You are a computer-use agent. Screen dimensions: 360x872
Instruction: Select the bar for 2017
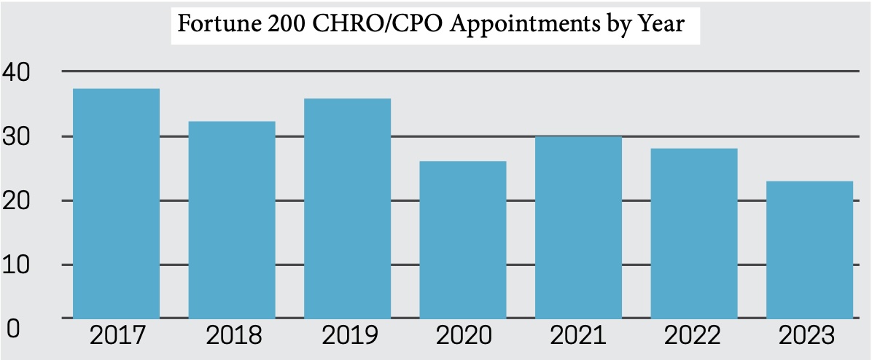point(116,203)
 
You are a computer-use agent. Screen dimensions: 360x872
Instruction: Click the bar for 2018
point(232,219)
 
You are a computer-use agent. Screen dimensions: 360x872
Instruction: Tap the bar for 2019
point(347,208)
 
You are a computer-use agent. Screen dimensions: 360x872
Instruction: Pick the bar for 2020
point(463,240)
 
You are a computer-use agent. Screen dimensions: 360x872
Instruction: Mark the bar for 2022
point(694,233)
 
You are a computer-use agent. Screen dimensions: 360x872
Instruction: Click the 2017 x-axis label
point(117,336)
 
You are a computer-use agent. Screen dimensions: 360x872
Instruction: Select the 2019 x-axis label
point(348,336)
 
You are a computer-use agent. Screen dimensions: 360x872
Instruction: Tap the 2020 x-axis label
point(464,336)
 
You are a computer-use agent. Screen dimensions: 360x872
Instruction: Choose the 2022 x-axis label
point(695,336)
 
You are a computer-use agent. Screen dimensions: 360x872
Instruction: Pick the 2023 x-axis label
point(810,336)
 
